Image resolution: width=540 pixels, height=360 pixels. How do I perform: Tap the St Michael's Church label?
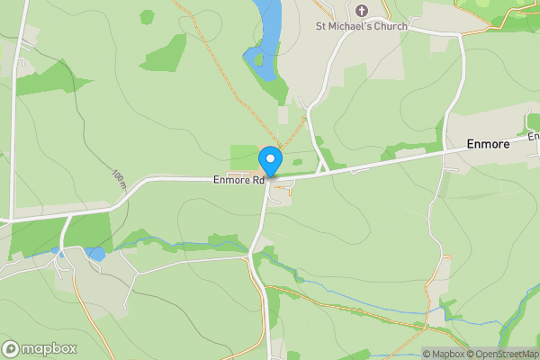[361, 26]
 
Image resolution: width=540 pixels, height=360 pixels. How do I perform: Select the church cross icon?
[362, 11]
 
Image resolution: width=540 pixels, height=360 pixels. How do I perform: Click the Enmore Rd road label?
[238, 180]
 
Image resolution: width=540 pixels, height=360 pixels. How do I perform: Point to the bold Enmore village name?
[489, 144]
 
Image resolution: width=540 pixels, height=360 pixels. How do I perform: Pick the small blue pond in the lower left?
[95, 255]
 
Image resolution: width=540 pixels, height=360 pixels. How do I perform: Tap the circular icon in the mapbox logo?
[12, 348]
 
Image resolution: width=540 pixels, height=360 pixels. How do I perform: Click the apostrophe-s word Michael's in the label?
[355, 26]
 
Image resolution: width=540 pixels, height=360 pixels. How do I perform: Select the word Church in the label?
[392, 26]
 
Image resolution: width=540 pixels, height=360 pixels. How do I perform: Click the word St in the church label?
[321, 26]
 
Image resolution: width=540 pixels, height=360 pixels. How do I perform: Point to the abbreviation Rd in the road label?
[258, 180]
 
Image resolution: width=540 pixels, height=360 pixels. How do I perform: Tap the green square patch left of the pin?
[244, 156]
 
